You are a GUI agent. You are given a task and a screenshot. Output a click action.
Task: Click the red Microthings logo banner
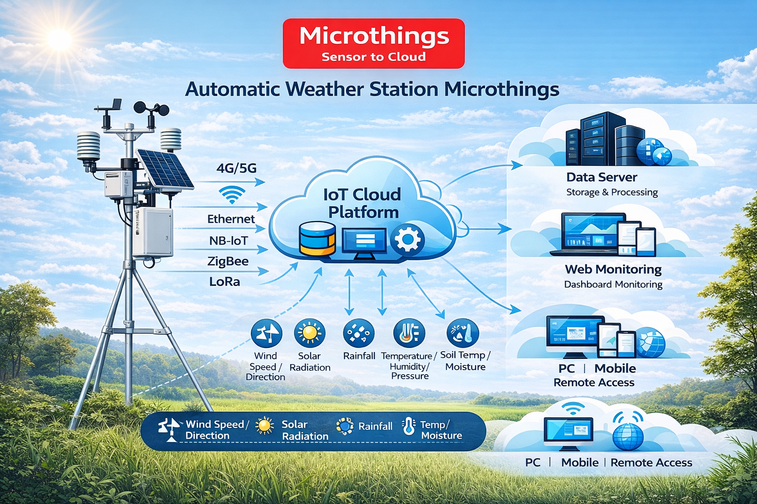click(374, 43)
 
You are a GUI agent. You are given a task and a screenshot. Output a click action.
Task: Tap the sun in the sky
click(60, 39)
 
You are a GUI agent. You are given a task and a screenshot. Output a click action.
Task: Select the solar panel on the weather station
click(165, 169)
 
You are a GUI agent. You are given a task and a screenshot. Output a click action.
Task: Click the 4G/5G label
click(236, 168)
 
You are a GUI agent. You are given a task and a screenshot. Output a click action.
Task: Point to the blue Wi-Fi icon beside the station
click(232, 194)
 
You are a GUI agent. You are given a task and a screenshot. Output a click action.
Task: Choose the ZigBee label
click(228, 261)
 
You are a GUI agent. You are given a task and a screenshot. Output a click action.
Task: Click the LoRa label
click(224, 282)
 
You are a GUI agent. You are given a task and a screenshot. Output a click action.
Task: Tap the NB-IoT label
click(229, 241)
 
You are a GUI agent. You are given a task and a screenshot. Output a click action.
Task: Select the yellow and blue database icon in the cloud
click(317, 238)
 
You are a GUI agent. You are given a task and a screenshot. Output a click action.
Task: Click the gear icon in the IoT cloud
click(407, 239)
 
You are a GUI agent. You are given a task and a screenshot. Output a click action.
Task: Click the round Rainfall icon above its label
click(359, 333)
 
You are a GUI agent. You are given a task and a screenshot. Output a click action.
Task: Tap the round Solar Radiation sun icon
click(310, 333)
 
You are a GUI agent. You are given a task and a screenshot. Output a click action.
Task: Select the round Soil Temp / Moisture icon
click(463, 333)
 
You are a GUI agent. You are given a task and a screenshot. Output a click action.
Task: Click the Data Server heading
click(602, 177)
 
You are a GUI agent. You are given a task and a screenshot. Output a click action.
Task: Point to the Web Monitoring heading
click(613, 269)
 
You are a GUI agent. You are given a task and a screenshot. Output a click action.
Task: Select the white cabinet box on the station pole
click(153, 232)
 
